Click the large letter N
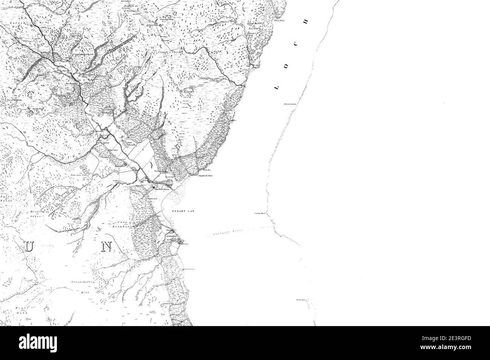click(x=107, y=247)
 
